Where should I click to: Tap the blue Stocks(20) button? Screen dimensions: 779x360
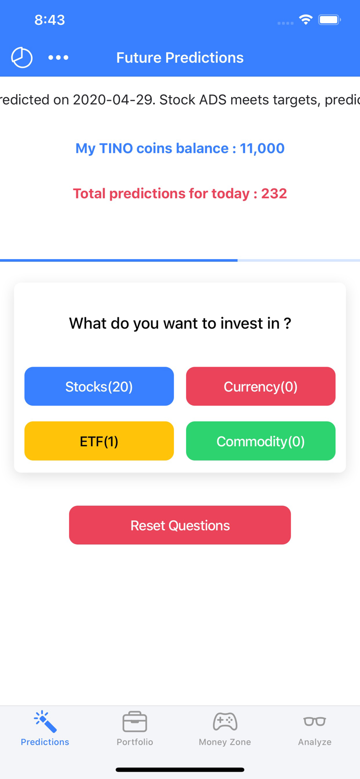(99, 386)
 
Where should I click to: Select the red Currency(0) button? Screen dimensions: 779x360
(260, 386)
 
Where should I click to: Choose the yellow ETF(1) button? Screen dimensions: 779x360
(99, 441)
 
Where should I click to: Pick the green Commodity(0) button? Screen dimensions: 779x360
(260, 441)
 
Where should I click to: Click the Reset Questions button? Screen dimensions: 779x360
(180, 525)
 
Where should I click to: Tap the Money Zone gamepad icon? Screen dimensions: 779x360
(225, 721)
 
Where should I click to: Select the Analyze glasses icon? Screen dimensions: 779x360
(314, 721)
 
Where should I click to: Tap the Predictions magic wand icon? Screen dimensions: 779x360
(45, 721)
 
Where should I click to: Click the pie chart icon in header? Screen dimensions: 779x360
(22, 58)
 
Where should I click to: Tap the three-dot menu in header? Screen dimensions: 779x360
(58, 58)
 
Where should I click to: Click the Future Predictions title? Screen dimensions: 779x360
(180, 58)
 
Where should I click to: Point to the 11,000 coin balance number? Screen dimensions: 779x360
(262, 149)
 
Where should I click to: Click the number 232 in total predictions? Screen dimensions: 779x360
(274, 194)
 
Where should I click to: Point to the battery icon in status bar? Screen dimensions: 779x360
(329, 20)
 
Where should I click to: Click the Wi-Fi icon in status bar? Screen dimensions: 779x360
(305, 20)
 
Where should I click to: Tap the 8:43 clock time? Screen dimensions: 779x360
(49, 20)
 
